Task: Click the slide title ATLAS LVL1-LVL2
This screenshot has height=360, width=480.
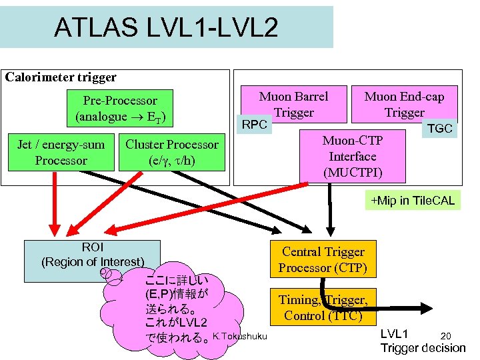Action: (166, 27)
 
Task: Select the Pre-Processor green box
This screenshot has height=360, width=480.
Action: (120, 109)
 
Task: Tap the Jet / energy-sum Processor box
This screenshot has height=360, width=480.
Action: (61, 153)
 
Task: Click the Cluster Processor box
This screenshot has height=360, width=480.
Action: (172, 153)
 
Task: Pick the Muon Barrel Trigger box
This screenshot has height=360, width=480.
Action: (293, 103)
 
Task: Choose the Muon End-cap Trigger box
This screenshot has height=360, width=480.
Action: (404, 103)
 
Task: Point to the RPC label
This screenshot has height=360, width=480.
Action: (254, 125)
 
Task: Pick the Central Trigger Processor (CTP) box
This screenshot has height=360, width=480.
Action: (323, 260)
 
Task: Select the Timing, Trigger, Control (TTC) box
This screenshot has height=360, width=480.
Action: (323, 307)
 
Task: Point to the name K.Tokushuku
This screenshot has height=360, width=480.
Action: (239, 335)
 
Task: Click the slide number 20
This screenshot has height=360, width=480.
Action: (446, 335)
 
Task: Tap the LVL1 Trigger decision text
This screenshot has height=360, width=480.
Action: (422, 341)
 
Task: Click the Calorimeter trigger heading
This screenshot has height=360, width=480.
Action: (61, 77)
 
